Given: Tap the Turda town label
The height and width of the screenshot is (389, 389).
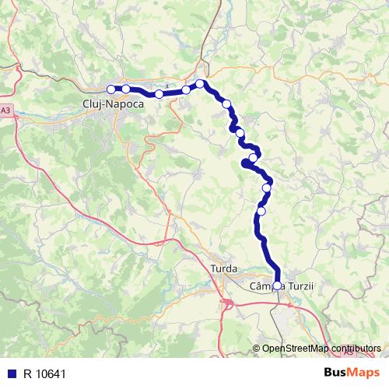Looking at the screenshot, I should click(x=225, y=268).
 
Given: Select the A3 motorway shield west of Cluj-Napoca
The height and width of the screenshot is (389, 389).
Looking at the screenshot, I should click(x=5, y=110).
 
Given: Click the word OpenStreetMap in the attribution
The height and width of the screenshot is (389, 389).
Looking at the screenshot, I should click(x=296, y=349).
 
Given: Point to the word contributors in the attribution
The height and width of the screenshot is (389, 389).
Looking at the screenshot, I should click(x=356, y=349).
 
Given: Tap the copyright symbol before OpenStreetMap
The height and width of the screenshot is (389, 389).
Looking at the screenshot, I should click(x=257, y=349).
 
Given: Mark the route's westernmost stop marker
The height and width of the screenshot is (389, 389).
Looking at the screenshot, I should click(x=111, y=89).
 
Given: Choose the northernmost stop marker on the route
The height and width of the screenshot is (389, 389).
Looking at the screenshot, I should click(x=200, y=83).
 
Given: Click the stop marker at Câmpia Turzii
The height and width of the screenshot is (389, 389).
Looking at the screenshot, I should click(x=277, y=286).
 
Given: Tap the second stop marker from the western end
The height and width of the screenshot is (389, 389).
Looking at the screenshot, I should click(x=126, y=89).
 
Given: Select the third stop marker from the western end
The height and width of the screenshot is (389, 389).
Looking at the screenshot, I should click(x=159, y=94).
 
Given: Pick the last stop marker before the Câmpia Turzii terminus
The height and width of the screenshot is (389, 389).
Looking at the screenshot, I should click(x=261, y=211).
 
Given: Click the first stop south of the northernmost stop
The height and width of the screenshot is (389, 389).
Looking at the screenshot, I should click(x=226, y=103).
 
